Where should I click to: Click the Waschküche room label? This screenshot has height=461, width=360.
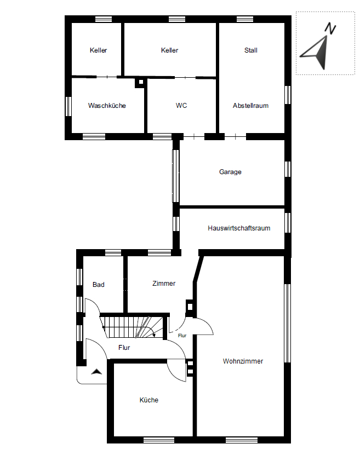[x=107, y=106]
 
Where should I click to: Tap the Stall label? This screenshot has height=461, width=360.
[x=251, y=50]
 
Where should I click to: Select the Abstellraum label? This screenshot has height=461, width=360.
[x=250, y=106]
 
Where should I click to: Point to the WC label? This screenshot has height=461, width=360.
[x=181, y=106]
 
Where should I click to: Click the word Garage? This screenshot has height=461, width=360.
[x=230, y=172]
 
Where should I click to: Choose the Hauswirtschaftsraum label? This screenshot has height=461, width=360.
[x=239, y=228]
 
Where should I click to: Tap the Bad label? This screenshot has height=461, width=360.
[x=98, y=285]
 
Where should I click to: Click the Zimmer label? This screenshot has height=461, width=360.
[x=164, y=284]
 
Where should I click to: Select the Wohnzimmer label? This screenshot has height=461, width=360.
[x=243, y=361]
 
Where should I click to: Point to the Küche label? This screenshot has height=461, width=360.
[x=149, y=400]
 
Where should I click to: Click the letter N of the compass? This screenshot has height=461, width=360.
[x=330, y=28]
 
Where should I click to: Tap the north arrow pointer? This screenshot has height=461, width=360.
[x=315, y=53]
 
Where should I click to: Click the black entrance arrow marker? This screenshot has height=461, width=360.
[x=96, y=372]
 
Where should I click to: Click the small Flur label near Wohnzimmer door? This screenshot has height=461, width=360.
[x=182, y=336]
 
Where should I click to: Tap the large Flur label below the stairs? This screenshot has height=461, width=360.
[x=124, y=348]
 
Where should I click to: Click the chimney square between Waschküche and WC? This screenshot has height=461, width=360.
[x=140, y=82]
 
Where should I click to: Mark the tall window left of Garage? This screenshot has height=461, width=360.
[x=175, y=176]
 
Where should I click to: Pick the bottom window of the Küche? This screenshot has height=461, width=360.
[x=159, y=440]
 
